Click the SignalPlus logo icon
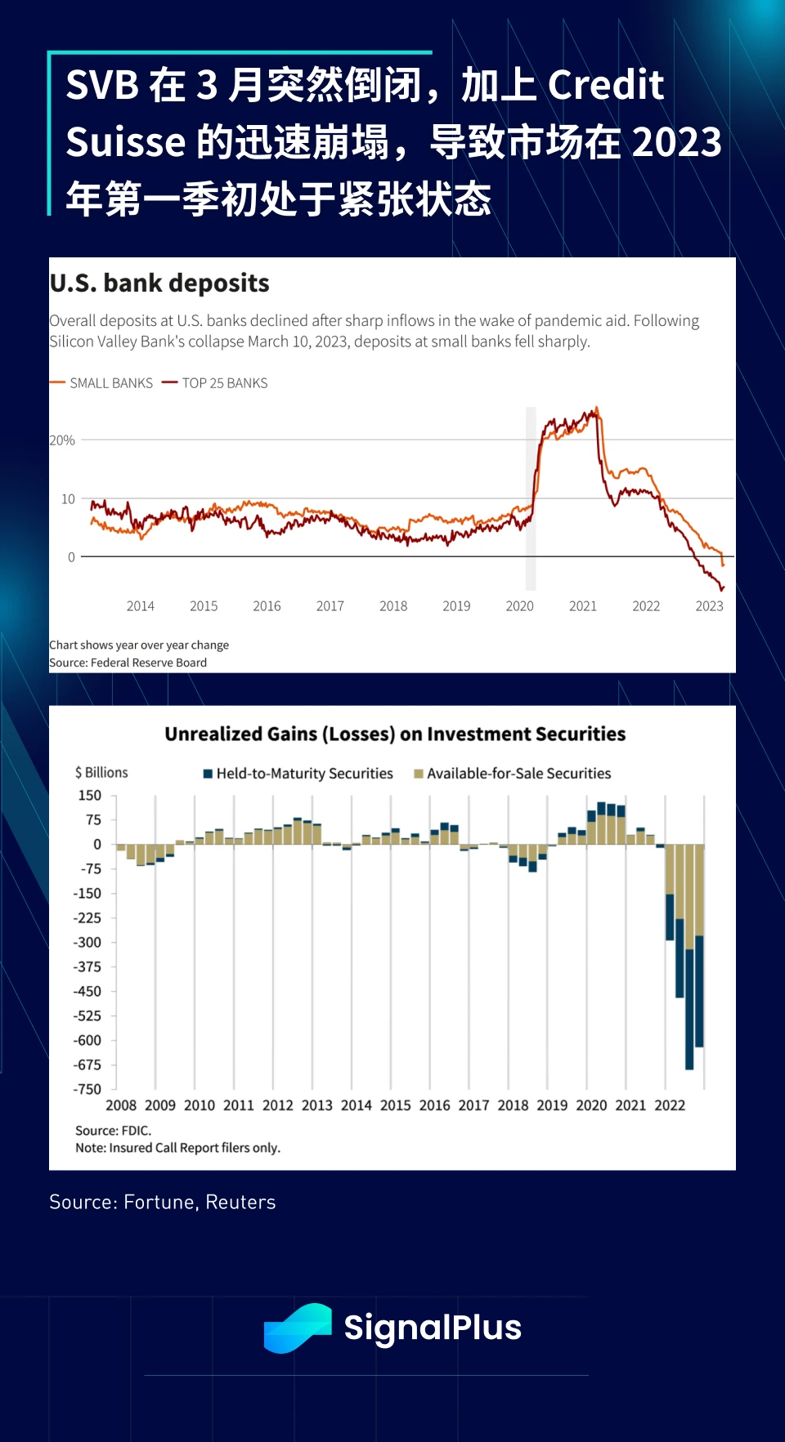298,1328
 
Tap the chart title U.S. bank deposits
159,283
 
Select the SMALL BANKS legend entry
102,383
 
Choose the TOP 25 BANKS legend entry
216,383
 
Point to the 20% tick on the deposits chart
62,440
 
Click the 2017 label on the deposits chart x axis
330,606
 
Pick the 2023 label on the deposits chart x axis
709,606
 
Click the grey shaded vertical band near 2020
531,498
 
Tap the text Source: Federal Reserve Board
128,663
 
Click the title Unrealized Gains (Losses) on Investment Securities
395,734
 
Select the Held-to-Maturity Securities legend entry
298,774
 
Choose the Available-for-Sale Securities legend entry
513,774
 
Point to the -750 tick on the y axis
87,1089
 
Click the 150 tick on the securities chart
90,796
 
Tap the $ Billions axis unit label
101,773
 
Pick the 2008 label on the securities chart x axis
121,1105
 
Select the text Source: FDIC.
113,1131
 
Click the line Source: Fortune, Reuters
163,1202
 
